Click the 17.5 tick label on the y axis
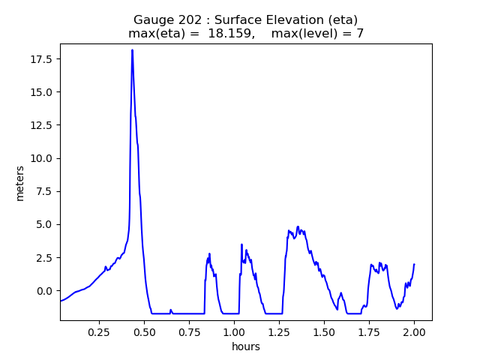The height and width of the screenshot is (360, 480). point(43,59)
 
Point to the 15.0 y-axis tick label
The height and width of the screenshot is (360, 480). point(43,92)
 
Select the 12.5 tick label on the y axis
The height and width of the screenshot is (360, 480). point(43,125)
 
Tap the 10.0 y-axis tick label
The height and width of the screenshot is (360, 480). point(43,158)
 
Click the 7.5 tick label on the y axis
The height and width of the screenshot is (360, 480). point(45,191)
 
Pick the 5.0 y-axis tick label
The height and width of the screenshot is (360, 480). point(45,224)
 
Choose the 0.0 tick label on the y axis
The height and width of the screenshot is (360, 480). point(45,290)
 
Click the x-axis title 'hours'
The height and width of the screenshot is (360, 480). point(246,346)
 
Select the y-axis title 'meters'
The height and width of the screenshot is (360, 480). point(20,183)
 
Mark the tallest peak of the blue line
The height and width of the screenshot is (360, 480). point(132,50)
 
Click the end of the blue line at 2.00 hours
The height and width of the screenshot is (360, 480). point(414,264)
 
